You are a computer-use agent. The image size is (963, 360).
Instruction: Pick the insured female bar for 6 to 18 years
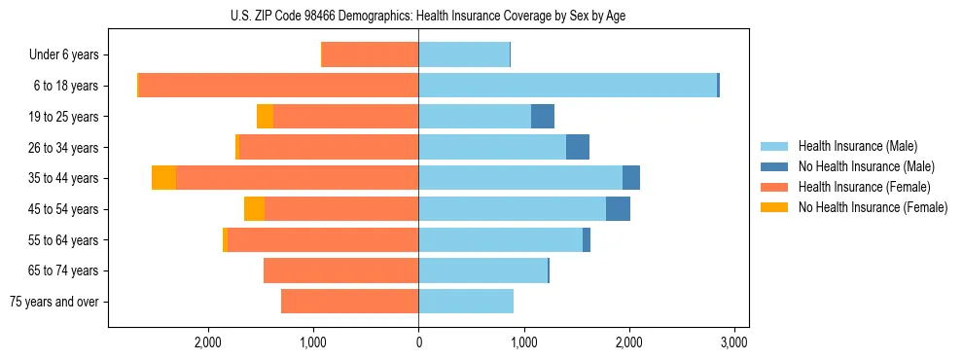point(278,86)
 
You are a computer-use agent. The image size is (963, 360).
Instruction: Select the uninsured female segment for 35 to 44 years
point(163,178)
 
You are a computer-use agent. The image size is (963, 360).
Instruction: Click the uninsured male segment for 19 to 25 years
point(543,117)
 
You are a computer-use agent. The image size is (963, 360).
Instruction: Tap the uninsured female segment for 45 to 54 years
point(254,209)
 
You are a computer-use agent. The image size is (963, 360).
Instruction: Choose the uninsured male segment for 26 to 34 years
point(578,147)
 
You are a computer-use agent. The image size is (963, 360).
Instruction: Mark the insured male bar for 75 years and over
point(466,302)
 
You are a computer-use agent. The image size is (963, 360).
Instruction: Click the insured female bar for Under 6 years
point(371,54)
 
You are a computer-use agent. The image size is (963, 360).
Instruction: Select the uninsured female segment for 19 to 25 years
point(265,117)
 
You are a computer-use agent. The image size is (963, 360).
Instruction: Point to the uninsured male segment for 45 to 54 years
point(618,209)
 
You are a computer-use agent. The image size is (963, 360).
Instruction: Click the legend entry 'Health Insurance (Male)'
point(857,146)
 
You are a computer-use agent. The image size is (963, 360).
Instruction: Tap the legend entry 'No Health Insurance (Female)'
point(873,207)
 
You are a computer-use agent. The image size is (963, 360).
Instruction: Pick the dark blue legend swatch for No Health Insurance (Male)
point(774,166)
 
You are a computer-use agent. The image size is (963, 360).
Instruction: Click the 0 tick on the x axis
point(418,342)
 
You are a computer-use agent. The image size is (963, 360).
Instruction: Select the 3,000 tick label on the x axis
point(733,342)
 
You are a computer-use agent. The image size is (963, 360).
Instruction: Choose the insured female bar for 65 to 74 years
point(341,270)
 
